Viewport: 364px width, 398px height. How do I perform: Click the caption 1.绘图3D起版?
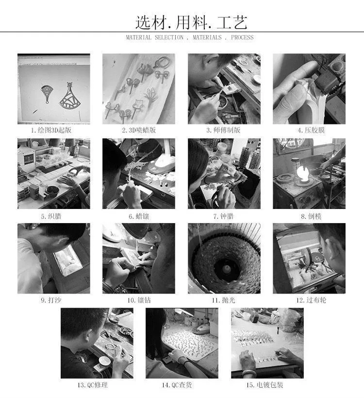[51, 130]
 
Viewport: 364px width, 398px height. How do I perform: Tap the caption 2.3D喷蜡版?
[139, 130]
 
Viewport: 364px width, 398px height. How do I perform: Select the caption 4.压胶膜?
[311, 130]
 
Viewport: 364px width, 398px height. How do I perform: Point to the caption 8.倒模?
[311, 216]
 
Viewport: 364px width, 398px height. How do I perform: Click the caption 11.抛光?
[223, 300]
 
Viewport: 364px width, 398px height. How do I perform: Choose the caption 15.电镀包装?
[265, 385]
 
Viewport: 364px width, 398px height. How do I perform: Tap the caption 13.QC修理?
[93, 385]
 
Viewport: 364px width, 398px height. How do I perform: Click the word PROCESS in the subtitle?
[242, 37]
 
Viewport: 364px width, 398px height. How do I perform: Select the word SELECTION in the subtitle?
[169, 37]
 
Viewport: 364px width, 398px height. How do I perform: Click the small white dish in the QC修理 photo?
[104, 361]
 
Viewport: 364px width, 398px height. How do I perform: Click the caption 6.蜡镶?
[139, 216]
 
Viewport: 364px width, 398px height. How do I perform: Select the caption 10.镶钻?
[139, 300]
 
